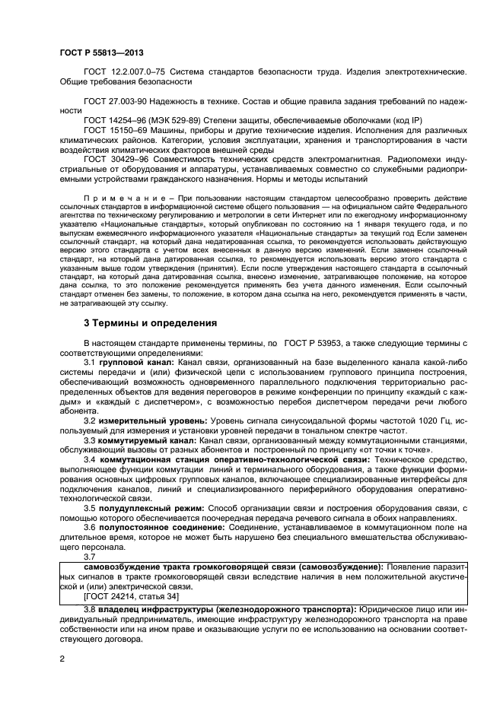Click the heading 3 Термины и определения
point(150,323)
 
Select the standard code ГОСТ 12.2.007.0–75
point(123,71)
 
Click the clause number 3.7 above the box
point(91,556)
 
